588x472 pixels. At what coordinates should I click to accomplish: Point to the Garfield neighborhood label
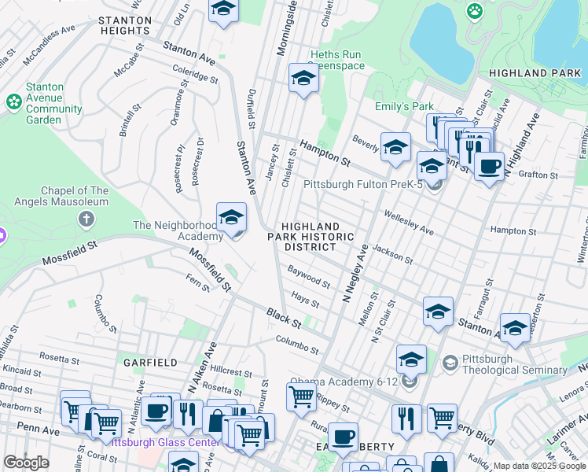pyautogui.click(x=149, y=363)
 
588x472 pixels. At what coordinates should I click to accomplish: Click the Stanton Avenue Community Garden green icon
pyautogui.click(x=13, y=101)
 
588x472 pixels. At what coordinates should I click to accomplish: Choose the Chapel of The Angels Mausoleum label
pyautogui.click(x=61, y=196)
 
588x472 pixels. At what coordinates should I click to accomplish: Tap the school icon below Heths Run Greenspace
pyautogui.click(x=303, y=78)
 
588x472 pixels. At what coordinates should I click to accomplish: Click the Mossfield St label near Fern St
pyautogui.click(x=209, y=269)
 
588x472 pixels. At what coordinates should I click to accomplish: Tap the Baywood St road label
pyautogui.click(x=308, y=278)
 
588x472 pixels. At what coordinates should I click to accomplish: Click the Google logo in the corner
pyautogui.click(x=26, y=463)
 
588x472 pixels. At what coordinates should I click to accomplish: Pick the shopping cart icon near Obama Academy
pyautogui.click(x=301, y=396)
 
